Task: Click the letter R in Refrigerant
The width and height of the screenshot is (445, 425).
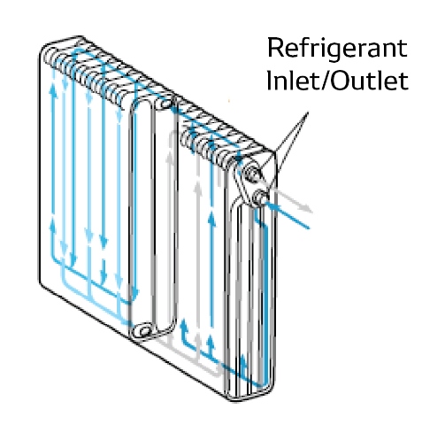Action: coord(275,47)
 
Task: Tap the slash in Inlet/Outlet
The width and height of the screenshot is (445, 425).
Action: coord(326,80)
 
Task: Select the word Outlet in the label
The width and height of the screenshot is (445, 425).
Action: coord(371,80)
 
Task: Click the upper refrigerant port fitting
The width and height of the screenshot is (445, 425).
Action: coord(252,172)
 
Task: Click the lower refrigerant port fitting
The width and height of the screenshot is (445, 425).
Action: coord(261,197)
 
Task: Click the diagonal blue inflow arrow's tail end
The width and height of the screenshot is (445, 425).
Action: coord(309,228)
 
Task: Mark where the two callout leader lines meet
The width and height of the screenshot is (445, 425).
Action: coord(308,112)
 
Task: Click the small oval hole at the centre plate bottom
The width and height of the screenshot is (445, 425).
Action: coord(143,331)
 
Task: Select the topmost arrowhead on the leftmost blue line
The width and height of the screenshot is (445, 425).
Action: coord(53,88)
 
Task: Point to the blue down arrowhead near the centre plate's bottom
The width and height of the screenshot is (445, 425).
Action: coord(134,294)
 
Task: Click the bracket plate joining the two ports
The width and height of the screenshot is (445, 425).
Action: coord(245,187)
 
